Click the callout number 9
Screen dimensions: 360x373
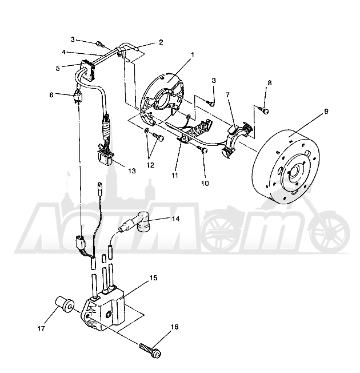pyautogui.click(x=326, y=111)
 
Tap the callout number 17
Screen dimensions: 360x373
pyautogui.click(x=41, y=328)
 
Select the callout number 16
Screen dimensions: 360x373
pyautogui.click(x=174, y=327)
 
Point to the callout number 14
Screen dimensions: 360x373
pyautogui.click(x=175, y=219)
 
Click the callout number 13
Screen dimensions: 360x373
pyautogui.click(x=132, y=170)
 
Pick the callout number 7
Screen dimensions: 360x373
pyautogui.click(x=227, y=95)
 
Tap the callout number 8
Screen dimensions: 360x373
pyautogui.click(x=269, y=83)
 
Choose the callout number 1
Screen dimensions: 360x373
pyautogui.click(x=193, y=55)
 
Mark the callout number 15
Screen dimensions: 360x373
pyautogui.click(x=154, y=277)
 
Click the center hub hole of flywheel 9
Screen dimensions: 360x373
pyautogui.click(x=296, y=171)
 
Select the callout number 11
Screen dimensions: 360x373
pyautogui.click(x=175, y=175)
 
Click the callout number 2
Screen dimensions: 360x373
pyautogui.click(x=161, y=42)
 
